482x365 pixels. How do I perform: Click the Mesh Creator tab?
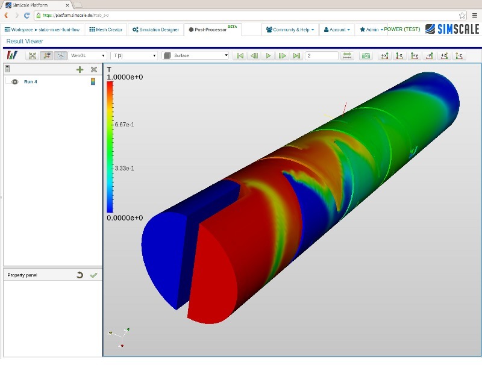(105, 30)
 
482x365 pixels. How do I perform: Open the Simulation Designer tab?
(155, 30)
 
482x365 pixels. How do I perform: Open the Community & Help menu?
(290, 30)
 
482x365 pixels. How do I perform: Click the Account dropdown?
(336, 30)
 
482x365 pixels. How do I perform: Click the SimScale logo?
(451, 29)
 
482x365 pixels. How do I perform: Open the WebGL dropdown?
(88, 55)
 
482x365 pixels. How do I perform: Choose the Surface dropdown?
(196, 55)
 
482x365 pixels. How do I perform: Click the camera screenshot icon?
(365, 55)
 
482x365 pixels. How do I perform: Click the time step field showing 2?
(322, 55)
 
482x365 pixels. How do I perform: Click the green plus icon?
(80, 69)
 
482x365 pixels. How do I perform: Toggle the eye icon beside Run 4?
(14, 82)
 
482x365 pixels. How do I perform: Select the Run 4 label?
(31, 82)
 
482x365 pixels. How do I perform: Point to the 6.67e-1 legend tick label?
(124, 125)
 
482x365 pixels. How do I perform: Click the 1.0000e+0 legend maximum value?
(125, 78)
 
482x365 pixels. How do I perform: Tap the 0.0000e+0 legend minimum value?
(125, 217)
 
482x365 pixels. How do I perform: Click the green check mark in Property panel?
(93, 275)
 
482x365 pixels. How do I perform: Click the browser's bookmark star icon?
(462, 15)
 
